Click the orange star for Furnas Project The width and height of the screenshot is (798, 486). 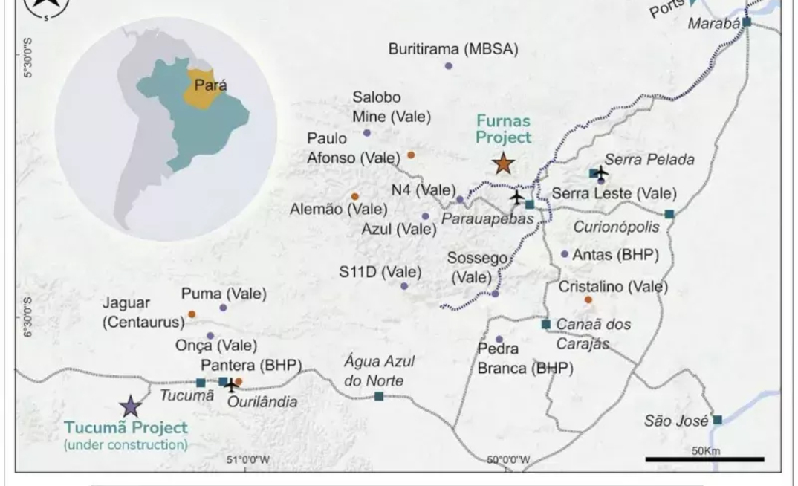(504, 163)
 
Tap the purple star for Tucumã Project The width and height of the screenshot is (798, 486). (131, 406)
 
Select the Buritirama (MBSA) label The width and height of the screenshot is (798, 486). (453, 49)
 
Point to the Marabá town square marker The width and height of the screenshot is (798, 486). (747, 22)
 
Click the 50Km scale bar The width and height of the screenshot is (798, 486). (704, 459)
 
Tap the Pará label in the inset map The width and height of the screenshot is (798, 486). (210, 85)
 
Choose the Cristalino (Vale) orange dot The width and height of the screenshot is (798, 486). (588, 299)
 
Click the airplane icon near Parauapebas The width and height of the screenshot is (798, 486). (516, 197)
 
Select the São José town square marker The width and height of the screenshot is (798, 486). (717, 420)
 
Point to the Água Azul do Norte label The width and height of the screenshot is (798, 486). (379, 371)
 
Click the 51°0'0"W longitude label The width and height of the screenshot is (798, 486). (249, 459)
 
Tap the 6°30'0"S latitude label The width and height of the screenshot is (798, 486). (27, 317)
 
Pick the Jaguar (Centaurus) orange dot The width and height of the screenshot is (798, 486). (192, 314)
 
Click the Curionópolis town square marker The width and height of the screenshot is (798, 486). (669, 214)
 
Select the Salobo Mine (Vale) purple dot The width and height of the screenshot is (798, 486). (366, 133)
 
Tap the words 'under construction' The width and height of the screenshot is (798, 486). (126, 445)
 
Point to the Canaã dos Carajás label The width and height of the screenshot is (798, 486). (593, 334)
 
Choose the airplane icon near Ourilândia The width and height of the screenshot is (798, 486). (231, 385)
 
